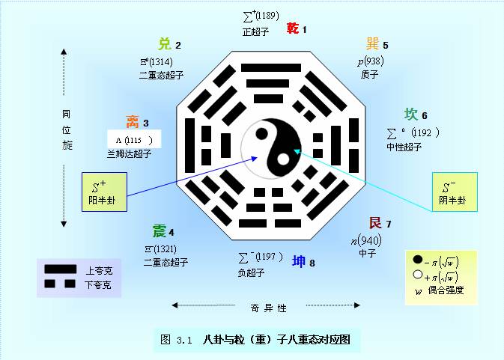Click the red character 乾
(x=294, y=28)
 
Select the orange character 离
(x=133, y=122)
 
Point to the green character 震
(x=160, y=231)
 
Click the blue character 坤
(x=299, y=261)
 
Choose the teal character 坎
(x=411, y=115)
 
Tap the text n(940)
(x=366, y=240)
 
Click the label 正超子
(x=255, y=32)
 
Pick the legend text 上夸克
(x=98, y=270)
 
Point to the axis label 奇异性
(x=267, y=307)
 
